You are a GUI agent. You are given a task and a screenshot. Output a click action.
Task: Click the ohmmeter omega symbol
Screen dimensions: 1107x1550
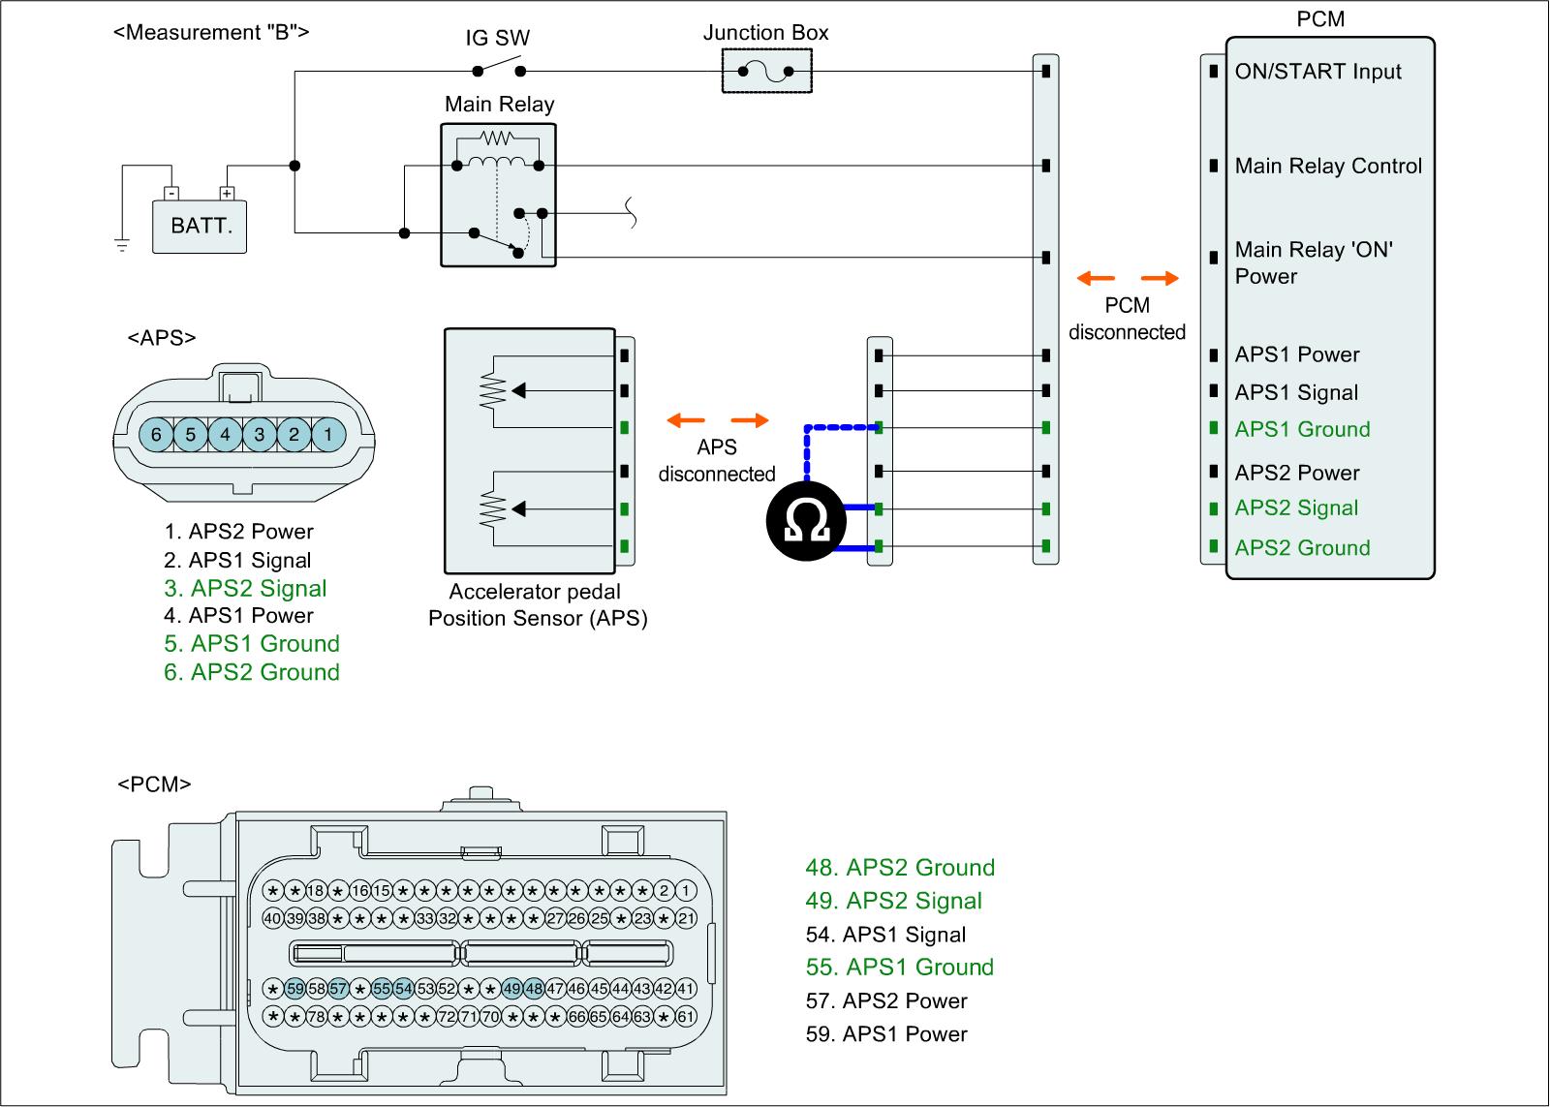click(x=806, y=523)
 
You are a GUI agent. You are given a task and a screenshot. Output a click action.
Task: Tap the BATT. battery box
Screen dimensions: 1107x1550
click(x=201, y=227)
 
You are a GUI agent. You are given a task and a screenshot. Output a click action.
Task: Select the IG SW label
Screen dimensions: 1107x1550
click(x=498, y=38)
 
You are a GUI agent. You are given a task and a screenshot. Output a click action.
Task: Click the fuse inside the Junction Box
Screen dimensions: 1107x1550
click(x=765, y=71)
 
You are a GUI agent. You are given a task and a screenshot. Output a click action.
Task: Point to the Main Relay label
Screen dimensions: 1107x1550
click(x=499, y=104)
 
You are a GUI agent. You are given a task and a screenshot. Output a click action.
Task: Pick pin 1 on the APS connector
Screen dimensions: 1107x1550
click(x=328, y=435)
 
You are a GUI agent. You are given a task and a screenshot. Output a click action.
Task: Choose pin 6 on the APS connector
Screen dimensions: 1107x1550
click(x=156, y=435)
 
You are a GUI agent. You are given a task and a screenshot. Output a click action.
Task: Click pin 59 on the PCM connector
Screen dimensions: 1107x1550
click(x=294, y=989)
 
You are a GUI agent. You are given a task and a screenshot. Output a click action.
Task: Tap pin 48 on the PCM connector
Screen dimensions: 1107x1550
click(x=534, y=989)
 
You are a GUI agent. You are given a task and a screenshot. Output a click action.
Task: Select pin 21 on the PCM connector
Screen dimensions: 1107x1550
click(x=686, y=917)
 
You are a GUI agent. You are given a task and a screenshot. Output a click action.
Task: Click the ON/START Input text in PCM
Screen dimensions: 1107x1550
click(x=1317, y=72)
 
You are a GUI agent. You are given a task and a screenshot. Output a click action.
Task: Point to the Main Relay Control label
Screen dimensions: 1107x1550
click(x=1328, y=166)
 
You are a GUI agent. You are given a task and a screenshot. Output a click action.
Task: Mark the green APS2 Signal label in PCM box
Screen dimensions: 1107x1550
click(x=1296, y=508)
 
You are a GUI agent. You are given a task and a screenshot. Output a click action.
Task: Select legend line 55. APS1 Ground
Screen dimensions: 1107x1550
click(x=900, y=967)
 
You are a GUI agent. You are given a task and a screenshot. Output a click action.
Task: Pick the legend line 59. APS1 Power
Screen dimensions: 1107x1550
click(x=886, y=1033)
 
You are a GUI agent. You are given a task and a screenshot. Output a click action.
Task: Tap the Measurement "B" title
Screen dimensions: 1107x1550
click(x=211, y=32)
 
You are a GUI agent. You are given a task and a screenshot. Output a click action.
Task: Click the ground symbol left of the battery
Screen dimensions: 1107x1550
click(x=122, y=245)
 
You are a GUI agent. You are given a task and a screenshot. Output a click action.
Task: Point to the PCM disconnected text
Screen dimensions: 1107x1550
click(x=1127, y=319)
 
